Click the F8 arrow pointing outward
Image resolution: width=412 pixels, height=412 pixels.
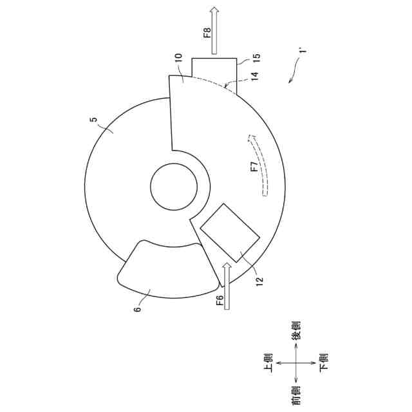214,30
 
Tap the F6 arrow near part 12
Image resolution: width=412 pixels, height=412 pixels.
227,287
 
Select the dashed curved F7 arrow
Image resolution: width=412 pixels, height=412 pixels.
259,165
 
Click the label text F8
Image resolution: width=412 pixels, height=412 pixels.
207,32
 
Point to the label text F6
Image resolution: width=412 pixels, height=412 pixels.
220,300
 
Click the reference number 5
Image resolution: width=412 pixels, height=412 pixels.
93,120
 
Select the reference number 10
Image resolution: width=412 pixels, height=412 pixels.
178,57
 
